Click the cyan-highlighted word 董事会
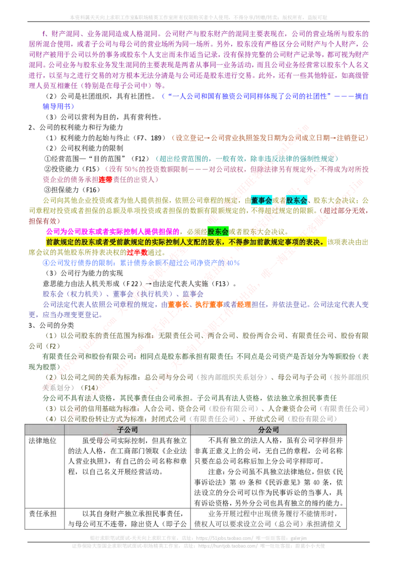tap(262, 201)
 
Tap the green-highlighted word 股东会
tap(218, 231)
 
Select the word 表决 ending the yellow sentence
tap(318, 242)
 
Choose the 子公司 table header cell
tap(127, 430)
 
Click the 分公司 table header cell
tap(268, 430)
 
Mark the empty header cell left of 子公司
tap(44, 430)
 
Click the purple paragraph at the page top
tap(198, 55)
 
